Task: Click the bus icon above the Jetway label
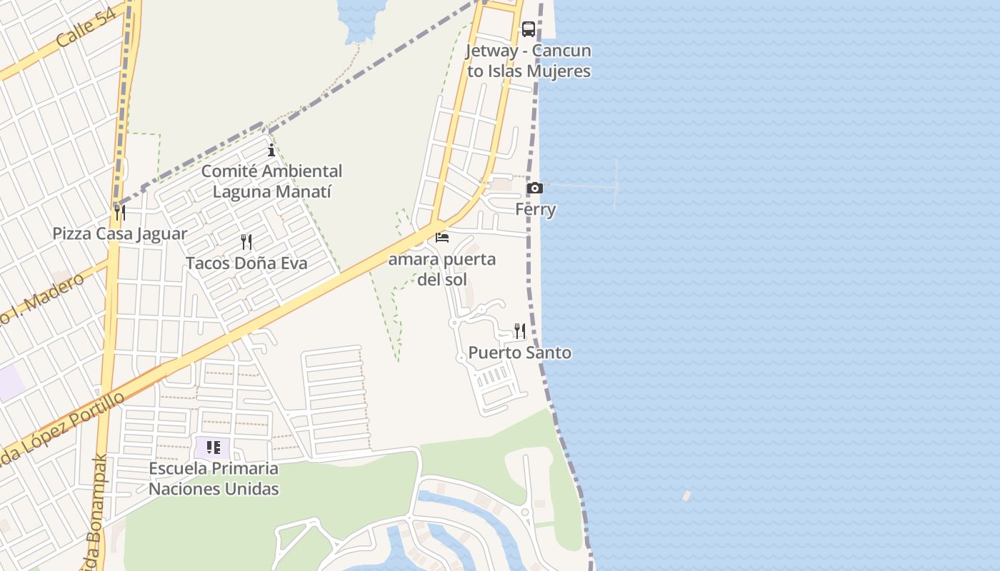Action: pyautogui.click(x=529, y=29)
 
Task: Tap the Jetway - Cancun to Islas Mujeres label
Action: pyautogui.click(x=529, y=61)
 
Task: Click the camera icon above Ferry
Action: pyautogui.click(x=534, y=188)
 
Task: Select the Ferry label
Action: pyautogui.click(x=536, y=210)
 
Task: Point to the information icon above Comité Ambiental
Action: pyautogui.click(x=271, y=150)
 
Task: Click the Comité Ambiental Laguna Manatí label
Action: pyautogui.click(x=271, y=181)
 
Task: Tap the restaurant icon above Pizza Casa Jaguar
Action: pyautogui.click(x=120, y=213)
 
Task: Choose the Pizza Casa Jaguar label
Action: pyautogui.click(x=120, y=234)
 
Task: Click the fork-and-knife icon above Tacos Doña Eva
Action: pyautogui.click(x=246, y=242)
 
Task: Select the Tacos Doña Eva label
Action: pyautogui.click(x=246, y=263)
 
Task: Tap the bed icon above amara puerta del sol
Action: pyautogui.click(x=442, y=238)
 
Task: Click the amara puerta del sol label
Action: pyautogui.click(x=442, y=269)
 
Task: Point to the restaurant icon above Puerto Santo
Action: pyautogui.click(x=520, y=331)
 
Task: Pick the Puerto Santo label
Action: pyautogui.click(x=520, y=353)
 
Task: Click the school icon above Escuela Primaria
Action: pyautogui.click(x=213, y=448)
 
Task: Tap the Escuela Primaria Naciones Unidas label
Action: pyautogui.click(x=214, y=479)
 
